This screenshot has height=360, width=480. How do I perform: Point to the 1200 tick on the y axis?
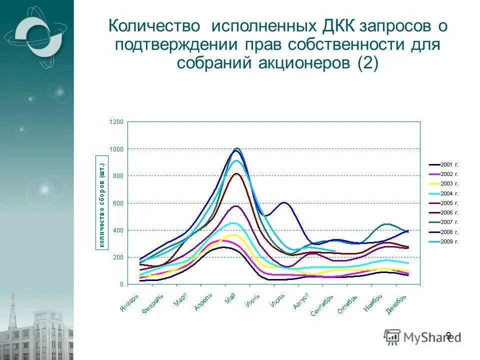pyautogui.click(x=116, y=122)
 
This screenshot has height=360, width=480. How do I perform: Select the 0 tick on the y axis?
pyautogui.click(x=121, y=284)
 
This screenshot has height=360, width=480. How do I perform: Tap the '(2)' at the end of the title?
pyautogui.click(x=368, y=63)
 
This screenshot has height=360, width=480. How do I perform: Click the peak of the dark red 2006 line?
pyautogui.click(x=236, y=173)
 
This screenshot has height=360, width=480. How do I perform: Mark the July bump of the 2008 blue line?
pyautogui.click(x=284, y=202)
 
